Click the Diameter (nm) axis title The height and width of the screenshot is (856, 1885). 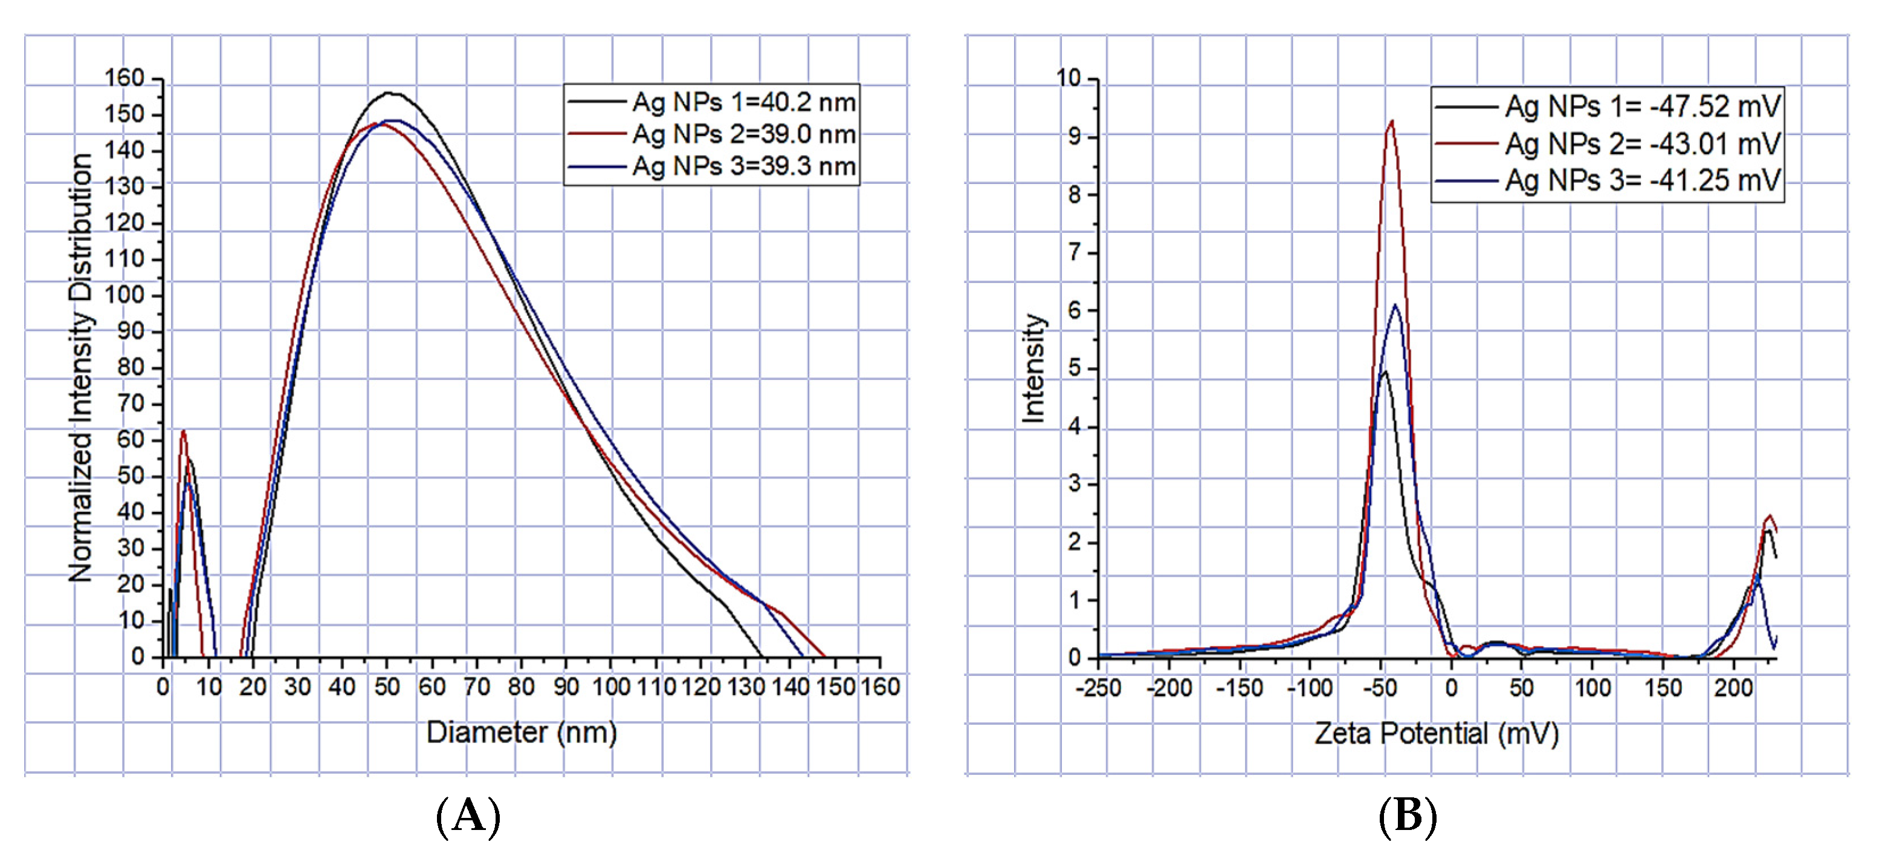point(521,732)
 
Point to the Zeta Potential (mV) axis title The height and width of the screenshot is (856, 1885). point(1436,733)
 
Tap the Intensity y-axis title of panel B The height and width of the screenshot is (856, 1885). point(1033,368)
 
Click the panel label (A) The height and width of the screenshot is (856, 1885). point(468,815)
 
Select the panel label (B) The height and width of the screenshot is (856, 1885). point(1407,815)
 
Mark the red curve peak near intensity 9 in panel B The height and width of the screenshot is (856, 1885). point(1391,122)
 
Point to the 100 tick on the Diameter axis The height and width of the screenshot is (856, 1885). point(610,687)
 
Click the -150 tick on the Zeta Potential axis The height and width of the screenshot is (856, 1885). point(1239,688)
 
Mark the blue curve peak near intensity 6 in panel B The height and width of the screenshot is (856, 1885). point(1395,305)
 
